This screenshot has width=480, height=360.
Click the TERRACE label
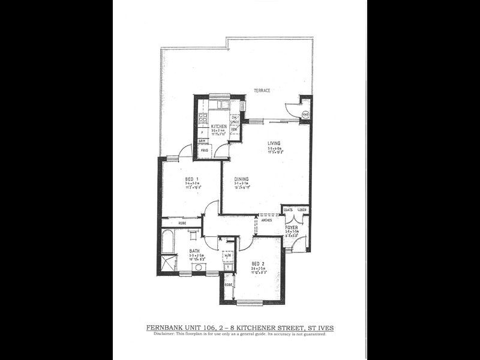click(x=262, y=91)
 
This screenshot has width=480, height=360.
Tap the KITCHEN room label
click(x=218, y=126)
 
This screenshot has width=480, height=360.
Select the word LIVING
click(x=275, y=143)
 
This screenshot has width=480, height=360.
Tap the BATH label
click(x=195, y=251)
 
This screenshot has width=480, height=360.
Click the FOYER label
click(x=292, y=228)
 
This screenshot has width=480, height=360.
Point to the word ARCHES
click(x=267, y=220)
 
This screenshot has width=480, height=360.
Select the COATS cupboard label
click(x=288, y=210)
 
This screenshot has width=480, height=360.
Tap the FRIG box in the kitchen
click(x=205, y=150)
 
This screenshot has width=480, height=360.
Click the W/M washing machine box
click(x=227, y=256)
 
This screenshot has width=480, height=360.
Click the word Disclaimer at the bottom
click(x=163, y=334)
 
